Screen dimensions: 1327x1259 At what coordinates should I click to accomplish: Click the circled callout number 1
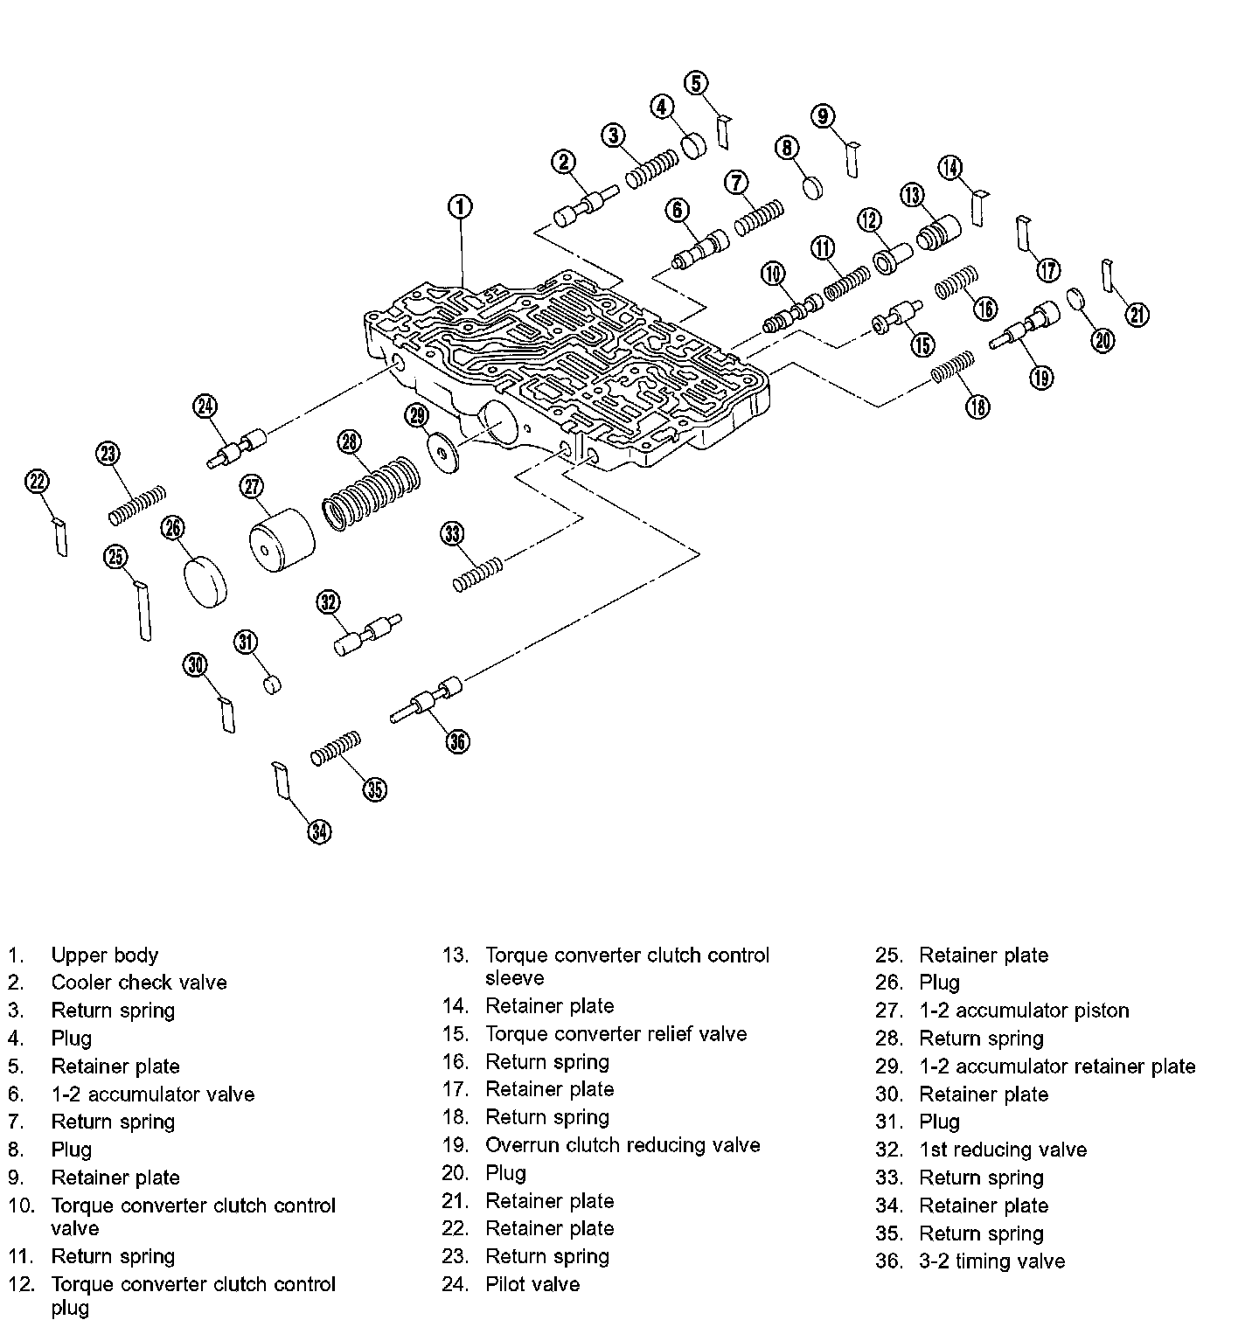[460, 207]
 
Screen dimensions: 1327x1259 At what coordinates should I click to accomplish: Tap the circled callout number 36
[457, 741]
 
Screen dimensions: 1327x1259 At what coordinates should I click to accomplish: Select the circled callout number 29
[417, 415]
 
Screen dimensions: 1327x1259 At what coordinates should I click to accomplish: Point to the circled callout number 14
[950, 168]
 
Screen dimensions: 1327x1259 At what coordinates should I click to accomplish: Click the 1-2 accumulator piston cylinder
[281, 540]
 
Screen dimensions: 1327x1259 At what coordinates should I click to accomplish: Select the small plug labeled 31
[273, 683]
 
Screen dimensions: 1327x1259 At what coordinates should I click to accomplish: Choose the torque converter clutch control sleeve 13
[938, 231]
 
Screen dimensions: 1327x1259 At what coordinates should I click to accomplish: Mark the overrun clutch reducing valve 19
[1026, 326]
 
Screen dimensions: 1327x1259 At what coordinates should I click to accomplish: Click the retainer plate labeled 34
[281, 780]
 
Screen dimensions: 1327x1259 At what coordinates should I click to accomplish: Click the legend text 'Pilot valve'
[532, 1284]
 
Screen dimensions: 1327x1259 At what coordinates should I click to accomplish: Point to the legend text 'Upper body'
[105, 955]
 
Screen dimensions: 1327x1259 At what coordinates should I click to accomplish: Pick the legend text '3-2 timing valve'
[991, 1261]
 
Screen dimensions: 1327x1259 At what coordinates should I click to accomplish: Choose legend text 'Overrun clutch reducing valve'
[623, 1145]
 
